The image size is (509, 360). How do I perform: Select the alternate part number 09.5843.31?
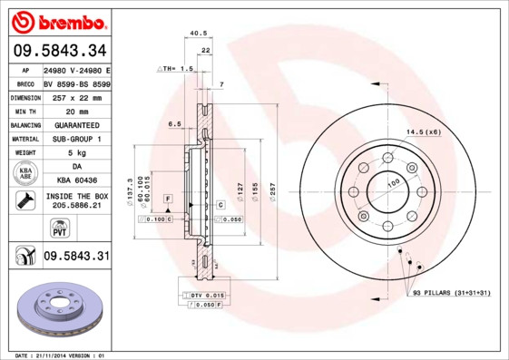click(75, 257)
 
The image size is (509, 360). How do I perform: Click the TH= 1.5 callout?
click(177, 69)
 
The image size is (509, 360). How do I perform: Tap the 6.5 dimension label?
click(174, 123)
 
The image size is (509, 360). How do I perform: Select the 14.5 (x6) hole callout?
click(424, 132)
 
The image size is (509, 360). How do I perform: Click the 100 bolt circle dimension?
click(394, 183)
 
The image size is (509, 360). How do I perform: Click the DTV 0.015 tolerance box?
click(208, 297)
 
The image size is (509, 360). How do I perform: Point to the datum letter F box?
click(168, 198)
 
